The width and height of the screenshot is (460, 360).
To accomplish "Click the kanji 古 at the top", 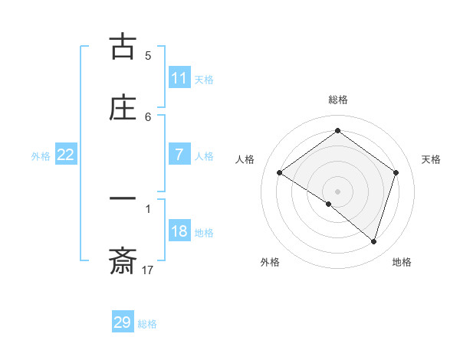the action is (x=123, y=47).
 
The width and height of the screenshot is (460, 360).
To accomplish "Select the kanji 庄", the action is (x=123, y=108).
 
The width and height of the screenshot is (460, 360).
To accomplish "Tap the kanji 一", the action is (x=123, y=201).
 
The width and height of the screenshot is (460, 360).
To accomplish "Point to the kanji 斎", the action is (x=123, y=262).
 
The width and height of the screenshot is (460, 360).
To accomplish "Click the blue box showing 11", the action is (x=179, y=78).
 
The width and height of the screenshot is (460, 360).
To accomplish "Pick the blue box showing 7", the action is (x=179, y=155).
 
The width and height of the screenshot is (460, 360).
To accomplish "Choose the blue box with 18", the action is (x=179, y=231).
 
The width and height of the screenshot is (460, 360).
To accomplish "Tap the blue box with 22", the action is (x=66, y=155).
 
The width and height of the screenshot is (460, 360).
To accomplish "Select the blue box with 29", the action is (x=123, y=322).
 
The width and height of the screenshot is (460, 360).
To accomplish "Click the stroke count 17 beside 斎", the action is (x=148, y=270).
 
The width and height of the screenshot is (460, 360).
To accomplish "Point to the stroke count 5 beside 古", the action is (x=148, y=55).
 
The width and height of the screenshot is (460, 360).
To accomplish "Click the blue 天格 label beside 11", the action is (x=204, y=79).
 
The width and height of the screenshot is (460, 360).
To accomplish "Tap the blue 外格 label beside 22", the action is (x=41, y=155).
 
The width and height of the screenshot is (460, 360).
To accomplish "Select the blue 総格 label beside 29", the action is (x=147, y=324).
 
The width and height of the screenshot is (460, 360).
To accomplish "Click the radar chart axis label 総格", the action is (x=338, y=100).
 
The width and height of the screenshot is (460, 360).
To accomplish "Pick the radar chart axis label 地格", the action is (x=402, y=263).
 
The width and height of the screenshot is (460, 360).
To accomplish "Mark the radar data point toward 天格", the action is (x=396, y=172).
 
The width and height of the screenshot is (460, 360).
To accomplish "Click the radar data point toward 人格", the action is (x=280, y=172).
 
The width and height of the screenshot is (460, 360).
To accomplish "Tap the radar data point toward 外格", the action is (x=329, y=205).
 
